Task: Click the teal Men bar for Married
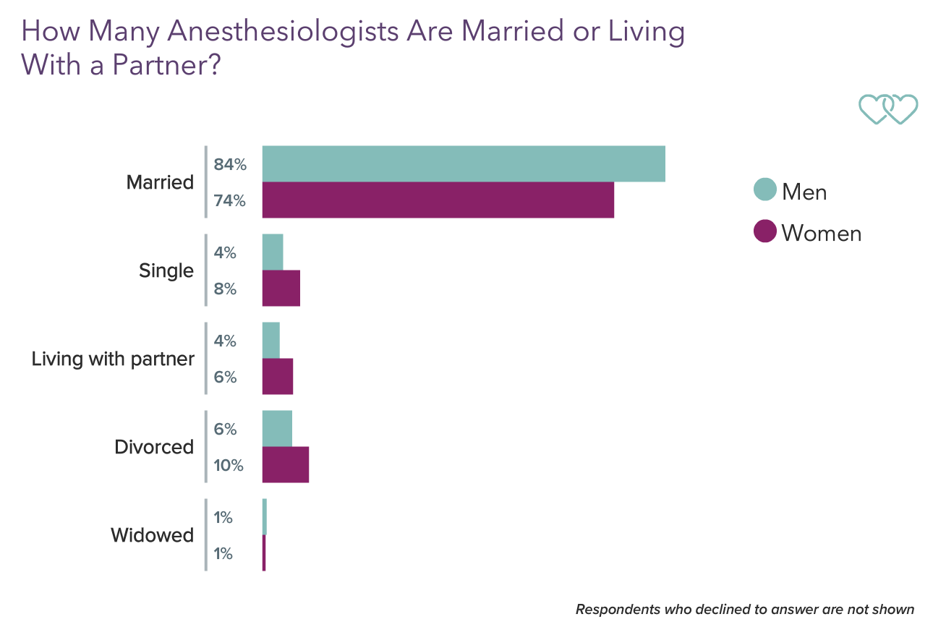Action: point(463,163)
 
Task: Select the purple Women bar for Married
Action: point(438,200)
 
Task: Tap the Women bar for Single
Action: point(281,288)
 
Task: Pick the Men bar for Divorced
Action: point(277,429)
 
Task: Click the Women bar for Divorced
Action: point(285,464)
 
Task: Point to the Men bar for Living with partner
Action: point(270,340)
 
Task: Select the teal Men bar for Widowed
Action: point(265,516)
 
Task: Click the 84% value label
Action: point(230,165)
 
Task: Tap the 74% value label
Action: point(230,201)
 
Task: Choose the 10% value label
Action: point(228,465)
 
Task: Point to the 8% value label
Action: point(225,289)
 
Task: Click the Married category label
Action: point(160,182)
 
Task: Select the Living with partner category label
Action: point(113,359)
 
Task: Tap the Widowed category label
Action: point(152,535)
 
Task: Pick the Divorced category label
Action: point(154,447)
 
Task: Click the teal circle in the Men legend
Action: point(764,190)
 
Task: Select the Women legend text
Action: point(821,233)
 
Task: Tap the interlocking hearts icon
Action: point(887,109)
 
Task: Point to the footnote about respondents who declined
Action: point(744,609)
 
